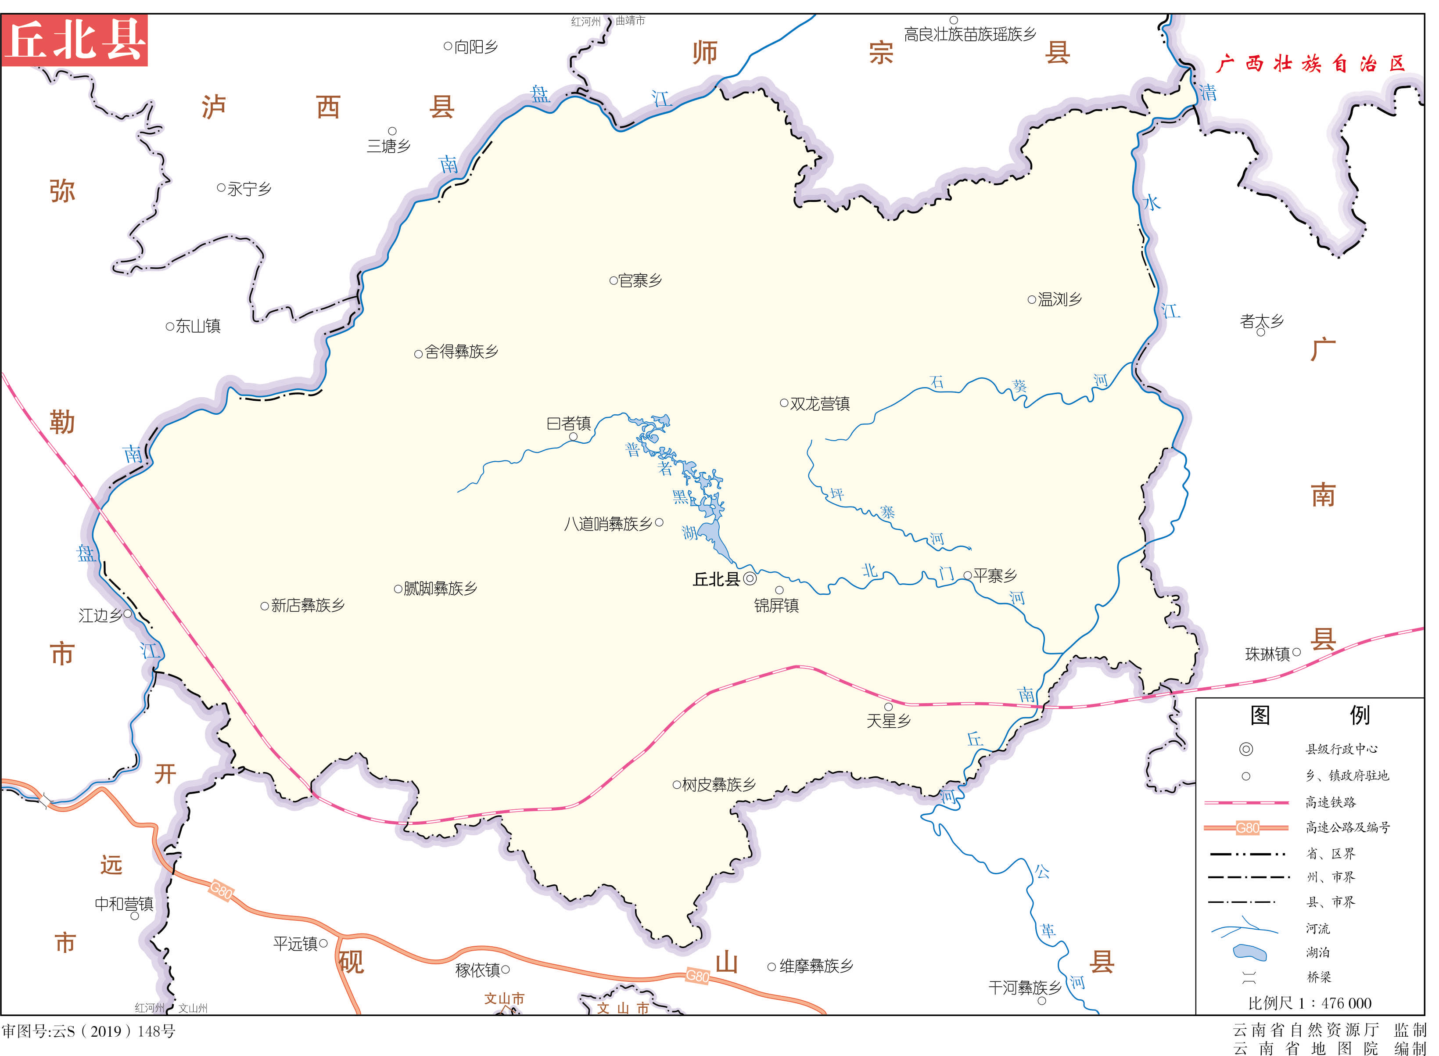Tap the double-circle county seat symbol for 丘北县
click(x=750, y=578)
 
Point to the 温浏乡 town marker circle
click(x=1031, y=299)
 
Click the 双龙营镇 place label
click(x=820, y=403)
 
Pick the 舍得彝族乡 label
click(x=461, y=352)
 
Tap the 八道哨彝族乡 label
click(x=608, y=524)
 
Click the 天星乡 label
click(x=888, y=721)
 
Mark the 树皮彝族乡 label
click(x=719, y=784)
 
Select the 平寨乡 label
click(x=995, y=575)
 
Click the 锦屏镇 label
click(x=776, y=605)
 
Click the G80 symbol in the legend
click(x=1247, y=828)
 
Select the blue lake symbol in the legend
click(x=1250, y=952)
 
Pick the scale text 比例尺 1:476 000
click(x=1310, y=1003)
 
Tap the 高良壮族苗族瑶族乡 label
click(x=969, y=35)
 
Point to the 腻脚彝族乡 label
click(x=440, y=588)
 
